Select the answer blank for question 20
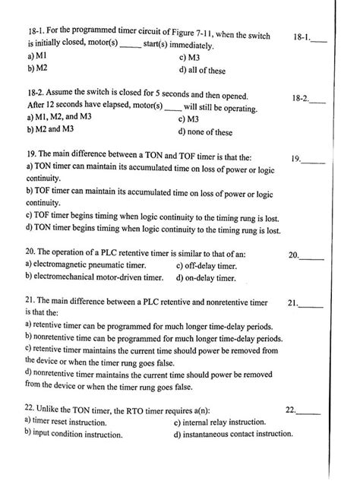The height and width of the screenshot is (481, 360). pos(316,258)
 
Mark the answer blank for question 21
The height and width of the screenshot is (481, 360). pos(316,306)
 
